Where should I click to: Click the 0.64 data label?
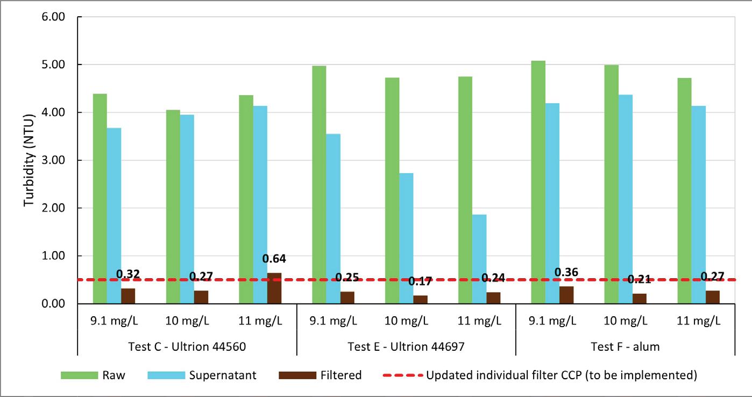(274, 259)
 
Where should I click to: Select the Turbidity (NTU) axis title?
(29, 161)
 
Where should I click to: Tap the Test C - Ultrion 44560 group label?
(187, 347)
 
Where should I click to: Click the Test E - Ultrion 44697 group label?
(406, 347)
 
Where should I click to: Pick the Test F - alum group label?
(625, 347)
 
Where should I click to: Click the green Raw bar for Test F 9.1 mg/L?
(538, 182)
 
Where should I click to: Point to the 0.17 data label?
(420, 281)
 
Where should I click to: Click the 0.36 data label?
(566, 272)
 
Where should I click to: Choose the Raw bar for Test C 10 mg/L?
(173, 207)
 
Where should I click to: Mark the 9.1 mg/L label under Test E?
(333, 321)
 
